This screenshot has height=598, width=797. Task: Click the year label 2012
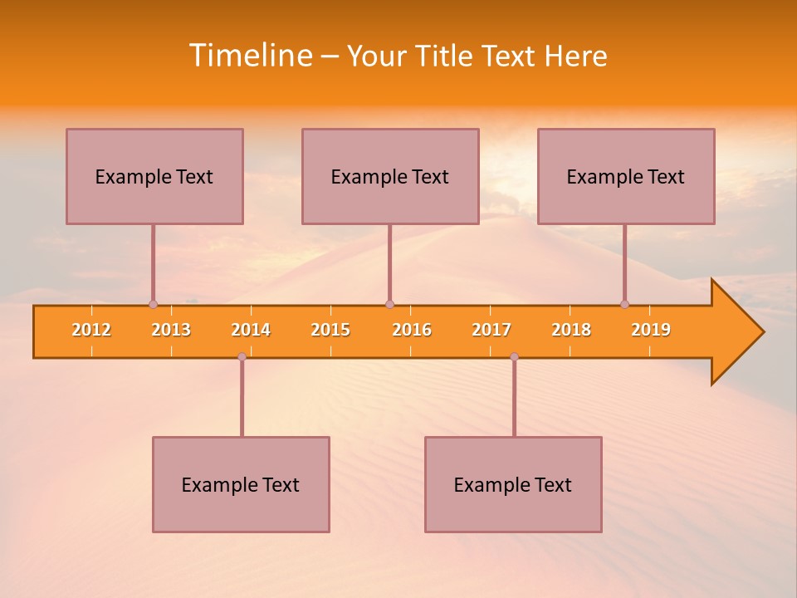point(91,330)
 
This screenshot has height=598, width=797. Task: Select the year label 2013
point(171,330)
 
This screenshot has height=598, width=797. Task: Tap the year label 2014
point(251,330)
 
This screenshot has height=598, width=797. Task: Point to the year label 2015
point(330,330)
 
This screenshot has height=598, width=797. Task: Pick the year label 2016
point(412,330)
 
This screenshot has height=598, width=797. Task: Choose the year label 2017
point(491,330)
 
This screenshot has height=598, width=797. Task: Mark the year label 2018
point(571,330)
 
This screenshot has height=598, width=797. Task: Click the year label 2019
point(651,330)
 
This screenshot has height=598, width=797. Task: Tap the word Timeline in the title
point(250,56)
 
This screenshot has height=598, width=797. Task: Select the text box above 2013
point(154,176)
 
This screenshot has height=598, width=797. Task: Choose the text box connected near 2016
point(390,176)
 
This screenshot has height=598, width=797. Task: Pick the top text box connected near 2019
point(626,176)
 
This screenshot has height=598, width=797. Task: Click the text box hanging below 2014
point(241,484)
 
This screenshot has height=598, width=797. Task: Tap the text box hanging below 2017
point(513,484)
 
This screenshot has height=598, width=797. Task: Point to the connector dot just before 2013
point(153,304)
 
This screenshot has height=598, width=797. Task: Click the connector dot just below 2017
point(514,356)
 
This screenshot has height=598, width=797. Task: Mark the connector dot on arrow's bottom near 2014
point(242,356)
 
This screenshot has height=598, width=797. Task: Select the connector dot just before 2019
point(624,304)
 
